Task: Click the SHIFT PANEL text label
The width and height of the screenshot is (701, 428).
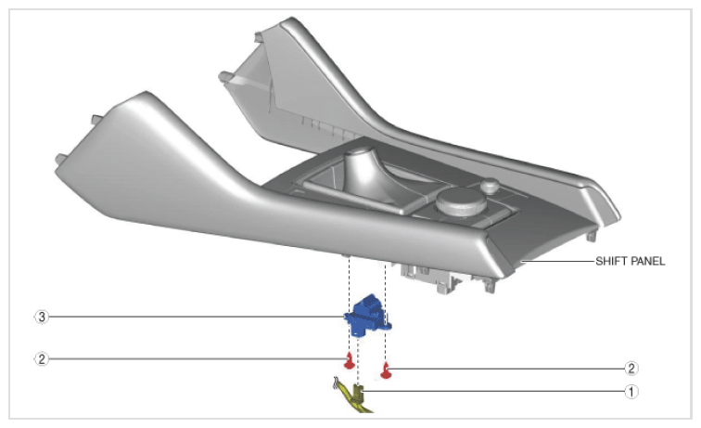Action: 630,261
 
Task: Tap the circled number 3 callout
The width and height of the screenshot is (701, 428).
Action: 42,317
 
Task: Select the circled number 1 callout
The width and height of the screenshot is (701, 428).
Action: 631,392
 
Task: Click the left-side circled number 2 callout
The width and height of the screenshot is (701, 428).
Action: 42,359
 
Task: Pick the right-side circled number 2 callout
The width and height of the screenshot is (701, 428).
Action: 631,369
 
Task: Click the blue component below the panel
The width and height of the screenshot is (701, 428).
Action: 367,316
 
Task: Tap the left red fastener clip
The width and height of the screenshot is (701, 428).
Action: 349,361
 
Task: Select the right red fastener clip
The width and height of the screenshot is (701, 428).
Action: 386,370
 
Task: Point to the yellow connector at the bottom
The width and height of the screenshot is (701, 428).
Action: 353,396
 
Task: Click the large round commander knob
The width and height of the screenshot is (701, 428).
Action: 462,202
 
